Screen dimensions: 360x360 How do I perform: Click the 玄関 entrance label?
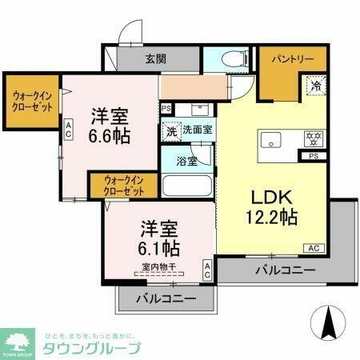tap(156, 58)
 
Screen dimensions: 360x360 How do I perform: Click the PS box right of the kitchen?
tap(313, 158)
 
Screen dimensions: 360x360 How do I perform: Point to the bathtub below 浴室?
tap(186, 186)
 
